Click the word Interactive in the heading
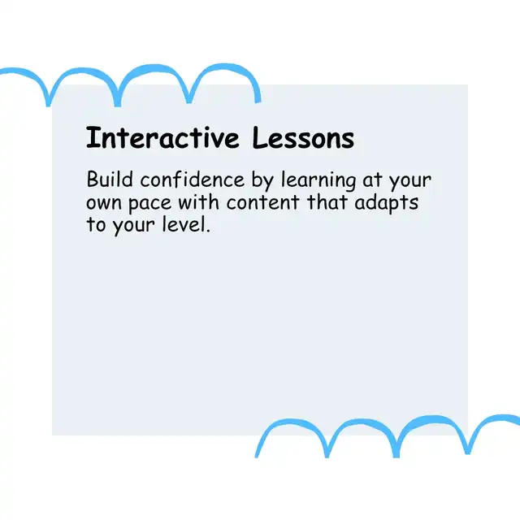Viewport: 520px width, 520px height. (162, 137)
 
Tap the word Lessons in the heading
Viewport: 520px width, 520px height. (303, 137)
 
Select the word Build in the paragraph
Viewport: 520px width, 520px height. (110, 180)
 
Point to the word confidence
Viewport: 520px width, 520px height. (193, 180)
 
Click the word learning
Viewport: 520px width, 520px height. (318, 180)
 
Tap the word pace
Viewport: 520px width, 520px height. (149, 204)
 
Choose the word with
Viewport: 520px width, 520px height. (198, 201)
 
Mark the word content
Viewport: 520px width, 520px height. (263, 202)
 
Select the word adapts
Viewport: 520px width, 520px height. (387, 203)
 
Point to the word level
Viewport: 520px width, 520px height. (184, 224)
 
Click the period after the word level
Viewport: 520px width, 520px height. (208, 231)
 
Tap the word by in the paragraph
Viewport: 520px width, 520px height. (262, 180)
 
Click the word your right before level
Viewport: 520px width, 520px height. (133, 226)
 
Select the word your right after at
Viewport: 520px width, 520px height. (410, 182)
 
